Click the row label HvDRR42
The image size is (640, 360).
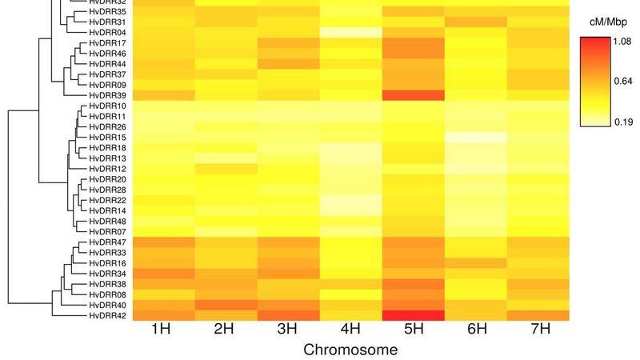pyautogui.click(x=107, y=315)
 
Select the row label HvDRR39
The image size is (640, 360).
pyautogui.click(x=107, y=95)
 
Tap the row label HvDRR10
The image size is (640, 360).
pyautogui.click(x=107, y=106)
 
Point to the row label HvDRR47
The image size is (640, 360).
pyautogui.click(x=107, y=242)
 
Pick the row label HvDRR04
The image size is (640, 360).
pyautogui.click(x=107, y=32)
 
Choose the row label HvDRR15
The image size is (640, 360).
pyautogui.click(x=107, y=137)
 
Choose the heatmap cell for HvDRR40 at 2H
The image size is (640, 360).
pyautogui.click(x=225, y=305)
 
